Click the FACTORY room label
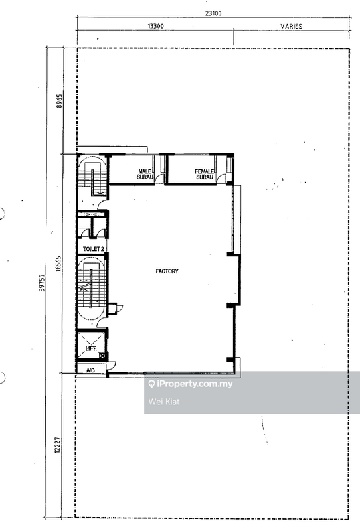pyautogui.click(x=167, y=271)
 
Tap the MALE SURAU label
pyautogui.click(x=145, y=174)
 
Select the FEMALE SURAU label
pyautogui.click(x=205, y=174)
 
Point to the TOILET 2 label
pyautogui.click(x=93, y=249)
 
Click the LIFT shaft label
pyautogui.click(x=91, y=348)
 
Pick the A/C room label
pyautogui.click(x=90, y=370)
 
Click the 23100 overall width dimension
pyautogui.click(x=213, y=13)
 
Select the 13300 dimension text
pyautogui.click(x=155, y=26)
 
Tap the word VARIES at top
pyautogui.click(x=291, y=26)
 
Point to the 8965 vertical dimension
pyautogui.click(x=60, y=101)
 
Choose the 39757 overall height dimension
pyautogui.click(x=42, y=283)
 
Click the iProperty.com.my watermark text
pyautogui.click(x=195, y=384)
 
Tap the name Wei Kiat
pyautogui.click(x=164, y=402)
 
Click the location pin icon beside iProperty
pyautogui.click(x=152, y=384)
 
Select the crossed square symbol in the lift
pyautogui.click(x=102, y=356)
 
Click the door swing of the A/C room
pyautogui.click(x=111, y=365)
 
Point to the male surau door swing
pyautogui.click(x=159, y=179)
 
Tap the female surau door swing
pyautogui.click(x=221, y=179)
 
